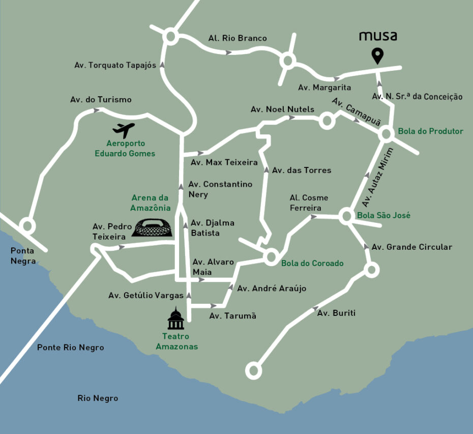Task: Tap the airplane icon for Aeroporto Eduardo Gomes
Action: point(124,130)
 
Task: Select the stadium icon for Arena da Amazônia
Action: point(153,228)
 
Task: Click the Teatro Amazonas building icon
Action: point(176,319)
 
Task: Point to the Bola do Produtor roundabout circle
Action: point(386,134)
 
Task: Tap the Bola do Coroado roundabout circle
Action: point(271,256)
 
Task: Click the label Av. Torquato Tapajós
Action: point(115,65)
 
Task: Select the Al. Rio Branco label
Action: point(238,38)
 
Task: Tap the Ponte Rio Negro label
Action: point(70,348)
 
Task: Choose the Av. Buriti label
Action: point(336,313)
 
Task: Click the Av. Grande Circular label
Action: point(412,247)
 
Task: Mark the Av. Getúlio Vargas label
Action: point(146,296)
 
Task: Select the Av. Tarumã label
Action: point(233,316)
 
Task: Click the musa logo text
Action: point(378,36)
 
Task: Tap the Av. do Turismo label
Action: point(101,100)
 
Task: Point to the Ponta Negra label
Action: point(23,256)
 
